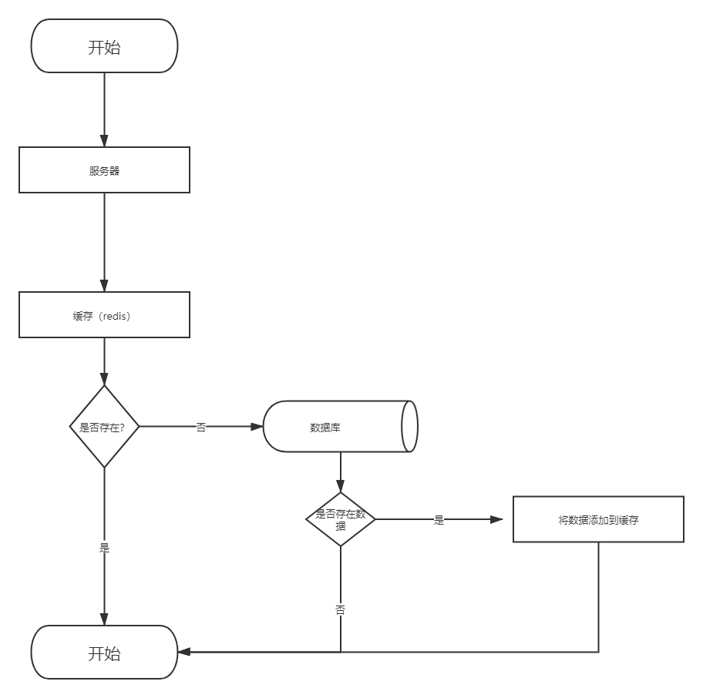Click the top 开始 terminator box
[105, 45]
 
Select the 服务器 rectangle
[105, 169]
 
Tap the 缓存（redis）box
[105, 315]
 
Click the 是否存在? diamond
[105, 427]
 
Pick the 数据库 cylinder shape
[340, 427]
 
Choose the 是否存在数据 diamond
[341, 519]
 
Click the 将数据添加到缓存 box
[598, 519]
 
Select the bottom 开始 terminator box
[105, 653]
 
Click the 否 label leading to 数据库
[201, 428]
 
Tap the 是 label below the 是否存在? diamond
[105, 548]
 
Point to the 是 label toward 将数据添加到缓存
[439, 520]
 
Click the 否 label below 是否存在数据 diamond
[341, 609]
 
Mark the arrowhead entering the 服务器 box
[105, 140]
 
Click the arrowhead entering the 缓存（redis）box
[105, 285]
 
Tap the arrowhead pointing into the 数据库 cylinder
[257, 427]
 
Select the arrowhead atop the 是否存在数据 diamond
[341, 486]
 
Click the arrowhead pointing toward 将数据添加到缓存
[496, 520]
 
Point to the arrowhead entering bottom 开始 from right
[184, 652]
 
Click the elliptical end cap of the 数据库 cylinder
[409, 427]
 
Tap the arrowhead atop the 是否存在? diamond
[105, 379]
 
